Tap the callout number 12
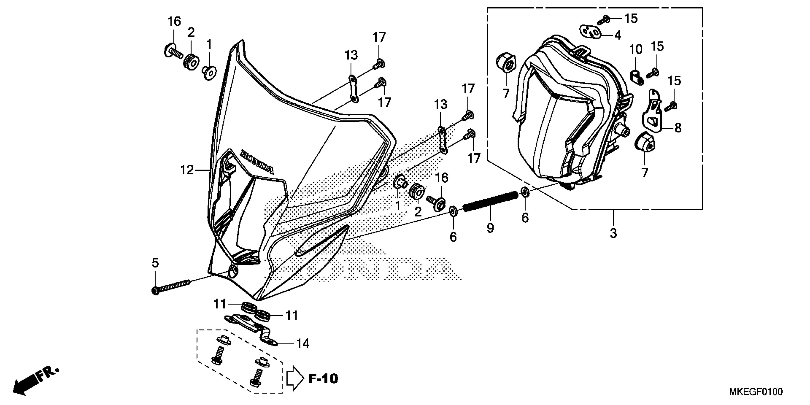tap(187, 170)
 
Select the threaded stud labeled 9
tap(491, 202)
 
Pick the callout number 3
tap(613, 233)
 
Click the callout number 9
tap(490, 228)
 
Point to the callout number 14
tap(303, 344)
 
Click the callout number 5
tap(155, 263)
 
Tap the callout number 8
tap(678, 128)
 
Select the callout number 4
tap(618, 35)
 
